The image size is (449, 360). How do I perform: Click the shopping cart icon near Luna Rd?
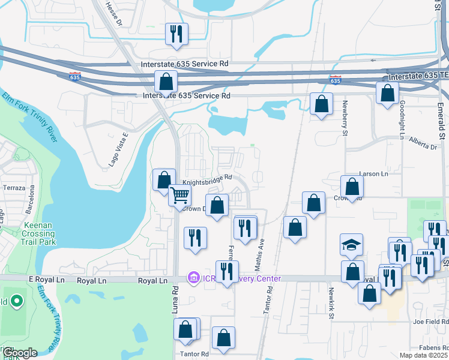click(x=180, y=196)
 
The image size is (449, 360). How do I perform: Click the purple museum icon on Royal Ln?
click(x=193, y=278)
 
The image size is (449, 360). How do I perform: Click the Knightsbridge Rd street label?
click(x=207, y=178)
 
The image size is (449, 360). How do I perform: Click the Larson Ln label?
click(x=373, y=173)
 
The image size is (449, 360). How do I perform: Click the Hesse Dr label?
click(x=113, y=14)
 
